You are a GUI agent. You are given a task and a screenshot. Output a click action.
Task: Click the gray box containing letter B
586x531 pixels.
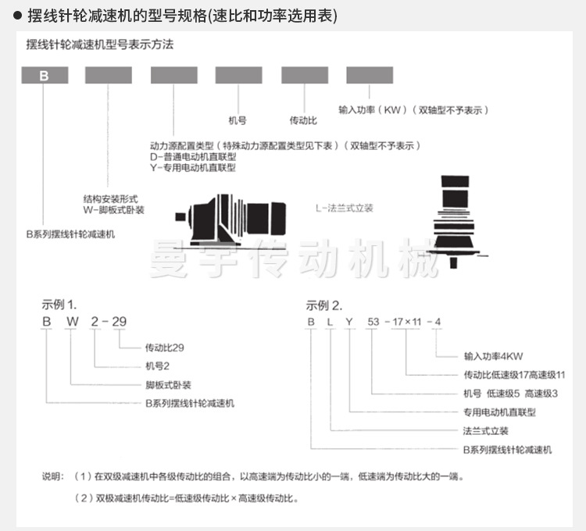[44, 76]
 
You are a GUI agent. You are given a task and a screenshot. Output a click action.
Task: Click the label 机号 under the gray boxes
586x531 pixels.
[238, 122]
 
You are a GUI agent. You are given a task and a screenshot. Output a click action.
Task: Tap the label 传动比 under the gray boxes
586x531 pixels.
[303, 122]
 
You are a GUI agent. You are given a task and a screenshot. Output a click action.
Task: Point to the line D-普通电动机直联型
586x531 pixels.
[193, 156]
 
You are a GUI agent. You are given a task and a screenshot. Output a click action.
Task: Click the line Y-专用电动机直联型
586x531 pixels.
[193, 167]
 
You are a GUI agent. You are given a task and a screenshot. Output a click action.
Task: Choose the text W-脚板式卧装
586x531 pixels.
[113, 210]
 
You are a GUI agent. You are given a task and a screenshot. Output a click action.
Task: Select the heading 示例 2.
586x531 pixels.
[324, 305]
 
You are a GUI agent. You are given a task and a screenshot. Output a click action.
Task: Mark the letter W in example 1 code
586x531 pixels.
[71, 322]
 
